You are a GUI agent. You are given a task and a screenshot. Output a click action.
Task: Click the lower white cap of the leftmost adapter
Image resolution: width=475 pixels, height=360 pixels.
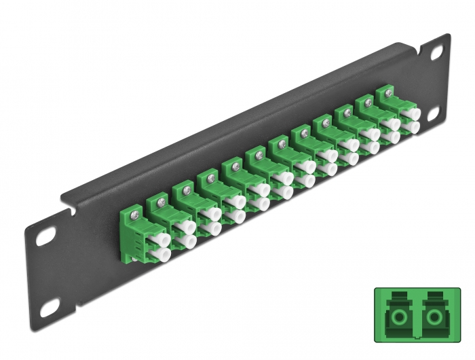click(161, 255)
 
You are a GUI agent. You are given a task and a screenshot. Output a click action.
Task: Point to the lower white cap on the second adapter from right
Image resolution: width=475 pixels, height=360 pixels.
click(392, 139)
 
